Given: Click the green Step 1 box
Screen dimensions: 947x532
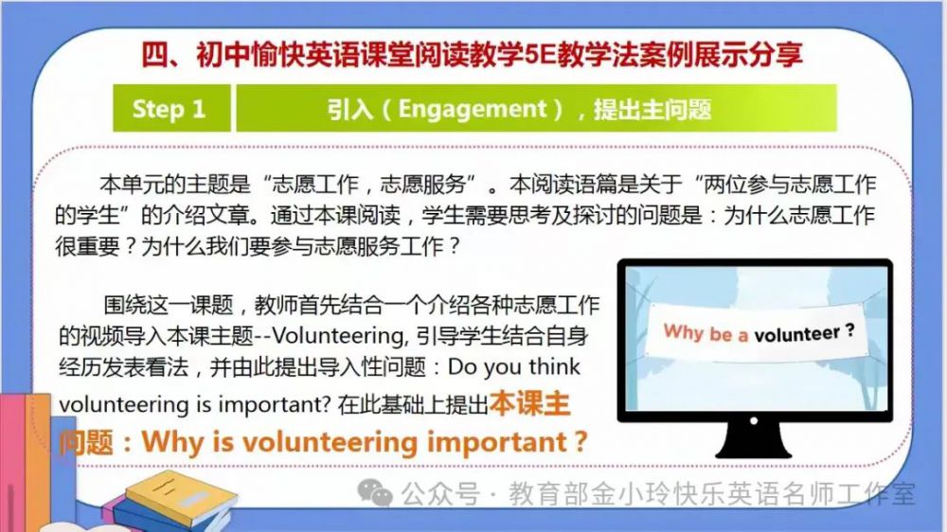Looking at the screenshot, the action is (x=171, y=108).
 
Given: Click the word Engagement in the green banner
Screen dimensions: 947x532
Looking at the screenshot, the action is (x=473, y=109).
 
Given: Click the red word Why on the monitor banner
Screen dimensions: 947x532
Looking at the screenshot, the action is (x=683, y=331).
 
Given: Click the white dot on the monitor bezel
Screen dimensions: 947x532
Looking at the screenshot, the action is (x=753, y=421).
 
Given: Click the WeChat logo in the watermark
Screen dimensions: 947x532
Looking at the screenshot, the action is (x=375, y=492).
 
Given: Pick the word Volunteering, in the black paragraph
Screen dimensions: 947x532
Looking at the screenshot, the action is (x=339, y=336).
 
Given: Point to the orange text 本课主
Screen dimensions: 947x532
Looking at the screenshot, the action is (x=529, y=404).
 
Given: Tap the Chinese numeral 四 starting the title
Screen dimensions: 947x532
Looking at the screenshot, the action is (x=154, y=55).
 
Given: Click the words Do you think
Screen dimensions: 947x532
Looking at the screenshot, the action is (x=514, y=366).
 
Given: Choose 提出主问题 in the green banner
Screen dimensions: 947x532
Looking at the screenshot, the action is (x=652, y=109).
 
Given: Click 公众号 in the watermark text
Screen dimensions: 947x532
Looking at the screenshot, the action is (x=440, y=494).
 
